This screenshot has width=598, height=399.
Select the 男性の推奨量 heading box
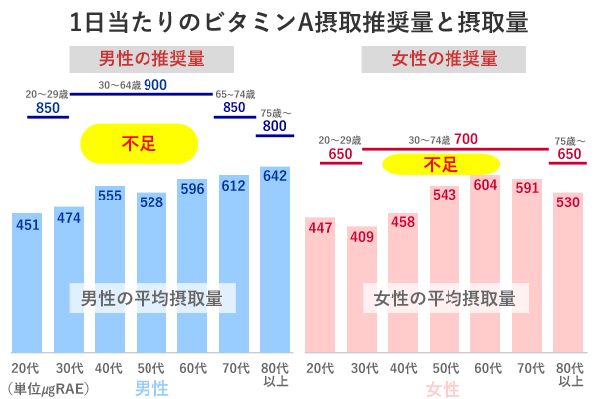151,58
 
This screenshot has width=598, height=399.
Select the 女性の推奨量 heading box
444,58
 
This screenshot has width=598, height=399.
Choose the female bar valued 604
484,264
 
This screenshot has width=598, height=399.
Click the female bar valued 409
362,289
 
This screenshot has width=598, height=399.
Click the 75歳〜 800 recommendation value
275,126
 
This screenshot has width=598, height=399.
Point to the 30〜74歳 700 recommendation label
444,139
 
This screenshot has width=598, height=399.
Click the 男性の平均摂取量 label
151,297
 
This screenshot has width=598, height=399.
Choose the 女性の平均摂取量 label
444,297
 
